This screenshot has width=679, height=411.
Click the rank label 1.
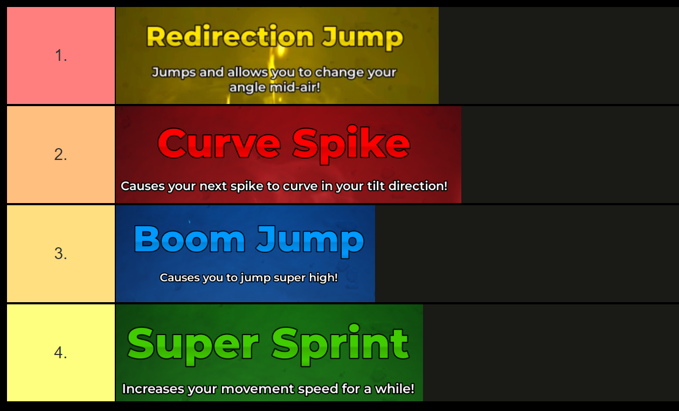61,55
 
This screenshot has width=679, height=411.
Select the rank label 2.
61,155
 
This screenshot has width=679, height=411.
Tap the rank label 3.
61,254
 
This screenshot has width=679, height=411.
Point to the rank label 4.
61,353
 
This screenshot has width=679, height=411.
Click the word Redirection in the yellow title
230,37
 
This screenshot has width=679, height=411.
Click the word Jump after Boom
310,240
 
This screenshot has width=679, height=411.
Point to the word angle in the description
245,87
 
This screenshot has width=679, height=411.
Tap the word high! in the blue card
322,278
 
